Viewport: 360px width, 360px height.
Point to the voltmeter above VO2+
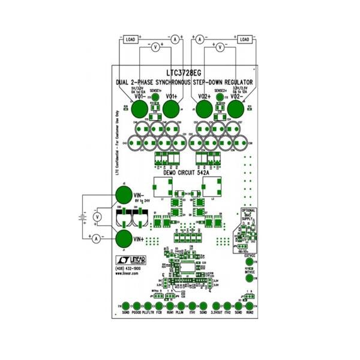coord(220,46)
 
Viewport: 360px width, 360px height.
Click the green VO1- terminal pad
coord(140,109)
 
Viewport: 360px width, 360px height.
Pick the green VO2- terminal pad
coord(236,109)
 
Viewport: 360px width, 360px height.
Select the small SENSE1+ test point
coord(155,97)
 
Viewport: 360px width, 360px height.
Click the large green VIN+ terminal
coord(124,238)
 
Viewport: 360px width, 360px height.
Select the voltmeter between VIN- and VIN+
coord(97,216)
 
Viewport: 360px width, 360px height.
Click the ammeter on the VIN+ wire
coord(95,238)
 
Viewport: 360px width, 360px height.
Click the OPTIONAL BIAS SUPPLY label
coord(248,215)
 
